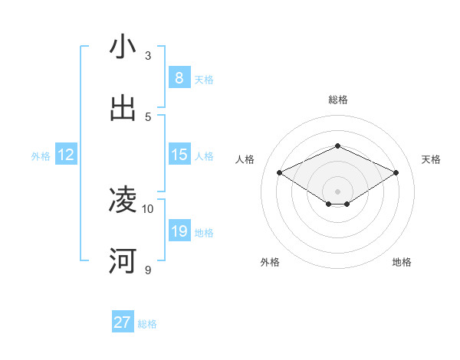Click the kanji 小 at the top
click(123, 47)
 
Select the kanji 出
click(123, 109)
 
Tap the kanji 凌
click(123, 201)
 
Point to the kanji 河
click(123, 262)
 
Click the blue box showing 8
click(179, 77)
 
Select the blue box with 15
click(179, 155)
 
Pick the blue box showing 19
click(179, 231)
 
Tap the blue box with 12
click(66, 155)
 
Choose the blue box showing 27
click(123, 322)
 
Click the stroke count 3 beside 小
click(148, 55)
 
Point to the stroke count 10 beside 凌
click(148, 208)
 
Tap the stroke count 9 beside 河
click(148, 270)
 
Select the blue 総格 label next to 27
click(147, 324)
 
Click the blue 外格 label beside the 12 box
click(41, 156)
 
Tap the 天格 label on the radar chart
click(431, 159)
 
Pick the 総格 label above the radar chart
click(338, 100)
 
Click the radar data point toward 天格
click(396, 172)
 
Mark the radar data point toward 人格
click(279, 172)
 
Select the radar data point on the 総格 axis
click(337, 146)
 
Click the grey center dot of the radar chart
click(337, 191)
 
